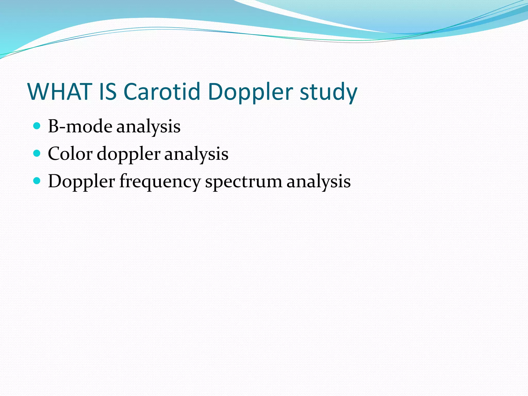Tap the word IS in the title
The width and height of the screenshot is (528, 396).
point(108,92)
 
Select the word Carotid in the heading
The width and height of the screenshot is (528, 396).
point(162,92)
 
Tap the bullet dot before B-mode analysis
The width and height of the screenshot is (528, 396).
point(37,126)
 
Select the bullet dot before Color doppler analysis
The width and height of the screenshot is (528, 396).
point(37,154)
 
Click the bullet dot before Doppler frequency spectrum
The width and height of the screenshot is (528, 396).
point(37,181)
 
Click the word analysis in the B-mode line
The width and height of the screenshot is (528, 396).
point(148,127)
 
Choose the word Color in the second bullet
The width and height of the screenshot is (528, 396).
point(70,154)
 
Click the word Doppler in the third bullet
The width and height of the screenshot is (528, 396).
point(81,182)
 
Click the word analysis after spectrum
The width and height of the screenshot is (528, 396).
point(319,182)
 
